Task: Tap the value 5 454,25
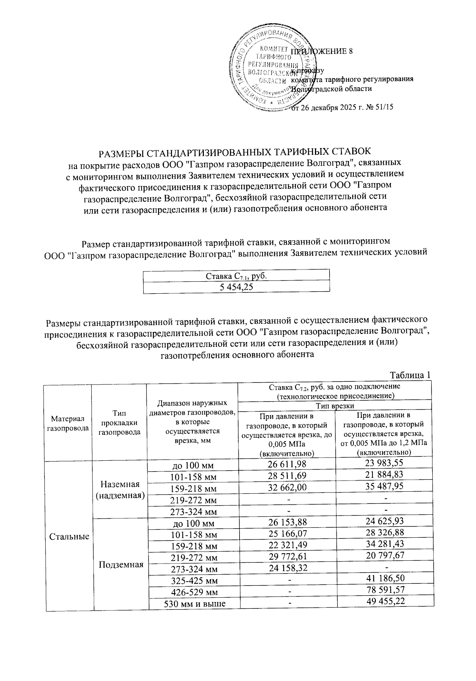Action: click(236, 287)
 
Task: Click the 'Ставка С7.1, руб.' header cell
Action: click(236, 275)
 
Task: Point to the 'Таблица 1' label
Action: click(410, 375)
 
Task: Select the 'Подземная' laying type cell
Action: click(121, 564)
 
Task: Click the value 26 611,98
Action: click(287, 464)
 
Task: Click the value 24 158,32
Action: click(288, 569)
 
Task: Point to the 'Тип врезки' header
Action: click(334, 406)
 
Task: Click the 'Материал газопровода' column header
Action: click(68, 423)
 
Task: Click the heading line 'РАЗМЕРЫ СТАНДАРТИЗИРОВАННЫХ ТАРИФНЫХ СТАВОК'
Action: click(235, 152)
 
